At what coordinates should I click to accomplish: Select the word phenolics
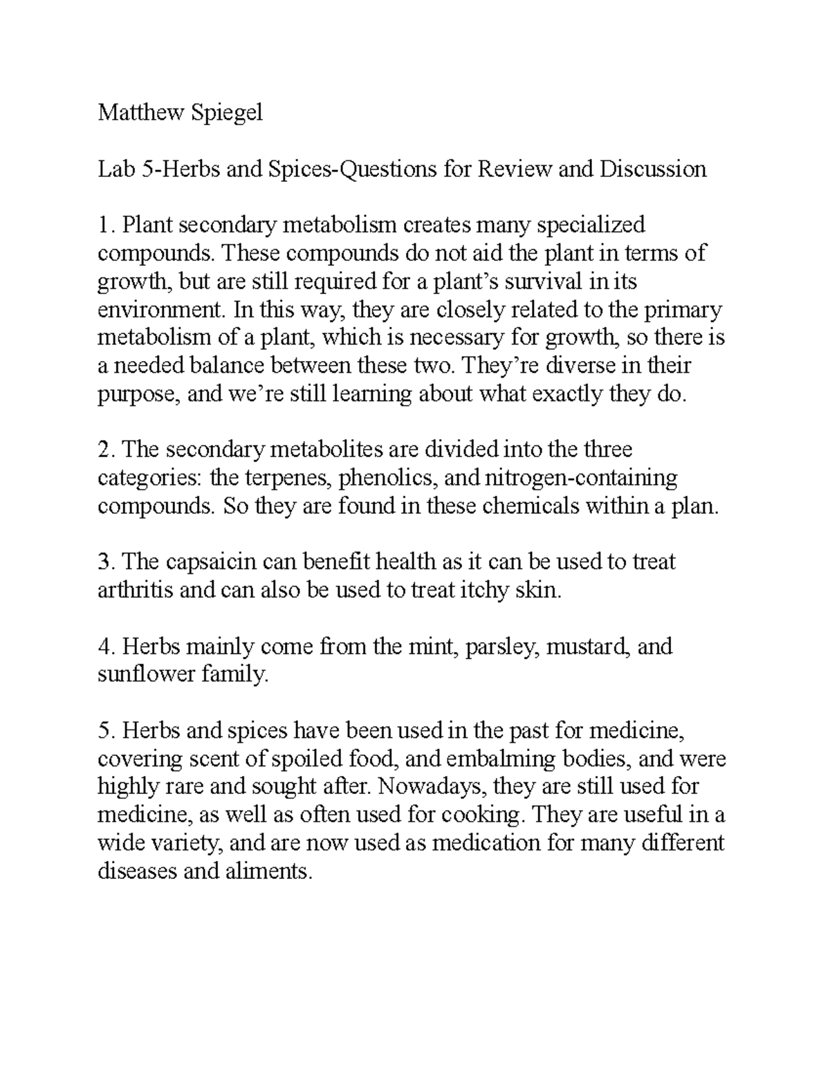pyautogui.click(x=386, y=479)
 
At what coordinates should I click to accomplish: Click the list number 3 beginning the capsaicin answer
pyautogui.click(x=104, y=562)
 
